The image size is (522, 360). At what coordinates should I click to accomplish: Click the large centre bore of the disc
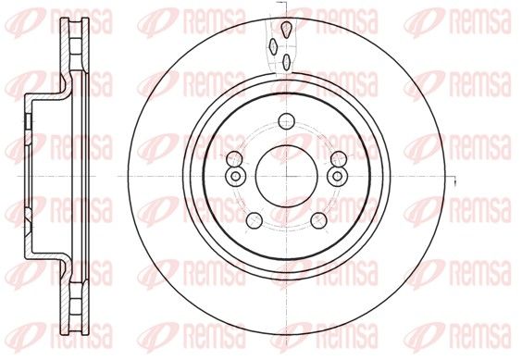pos(287,176)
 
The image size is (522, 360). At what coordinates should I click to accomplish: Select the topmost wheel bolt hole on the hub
pos(286,121)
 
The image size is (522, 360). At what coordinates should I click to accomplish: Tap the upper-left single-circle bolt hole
pos(234,158)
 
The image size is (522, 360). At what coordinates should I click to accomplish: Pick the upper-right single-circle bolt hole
pos(339,158)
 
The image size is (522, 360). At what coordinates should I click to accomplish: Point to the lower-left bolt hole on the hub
pos(255,220)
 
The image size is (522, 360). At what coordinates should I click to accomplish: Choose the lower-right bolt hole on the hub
pos(318,220)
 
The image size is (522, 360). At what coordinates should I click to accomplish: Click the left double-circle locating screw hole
pos(235,176)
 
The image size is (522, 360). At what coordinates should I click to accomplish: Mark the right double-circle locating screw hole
pos(337,176)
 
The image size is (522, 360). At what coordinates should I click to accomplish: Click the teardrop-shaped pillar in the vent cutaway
pos(287,29)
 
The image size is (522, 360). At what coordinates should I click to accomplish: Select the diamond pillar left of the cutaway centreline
pos(274,46)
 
